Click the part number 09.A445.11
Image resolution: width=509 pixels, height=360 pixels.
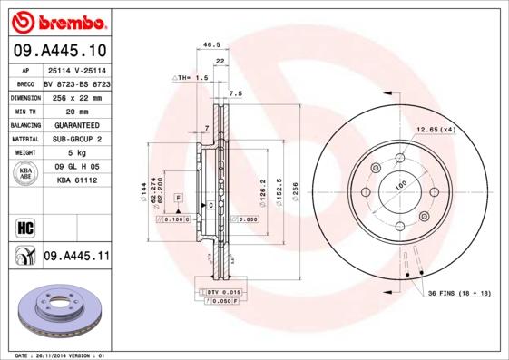pos(76,257)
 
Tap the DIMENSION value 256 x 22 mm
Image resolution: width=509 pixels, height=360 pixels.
pos(75,97)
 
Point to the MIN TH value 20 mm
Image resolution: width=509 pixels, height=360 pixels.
pos(75,111)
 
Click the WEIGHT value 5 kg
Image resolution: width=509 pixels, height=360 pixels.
pos(75,154)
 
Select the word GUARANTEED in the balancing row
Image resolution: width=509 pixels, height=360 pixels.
pos(76,125)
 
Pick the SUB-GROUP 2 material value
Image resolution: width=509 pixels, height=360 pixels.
pos(76,140)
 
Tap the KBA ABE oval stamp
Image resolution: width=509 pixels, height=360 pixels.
pos(25,174)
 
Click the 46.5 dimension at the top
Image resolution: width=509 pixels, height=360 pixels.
pos(211,44)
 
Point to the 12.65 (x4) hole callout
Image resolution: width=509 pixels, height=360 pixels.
pos(436,131)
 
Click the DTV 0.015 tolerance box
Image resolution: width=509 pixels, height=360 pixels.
pos(218,290)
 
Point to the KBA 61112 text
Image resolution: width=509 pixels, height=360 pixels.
pos(76,180)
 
